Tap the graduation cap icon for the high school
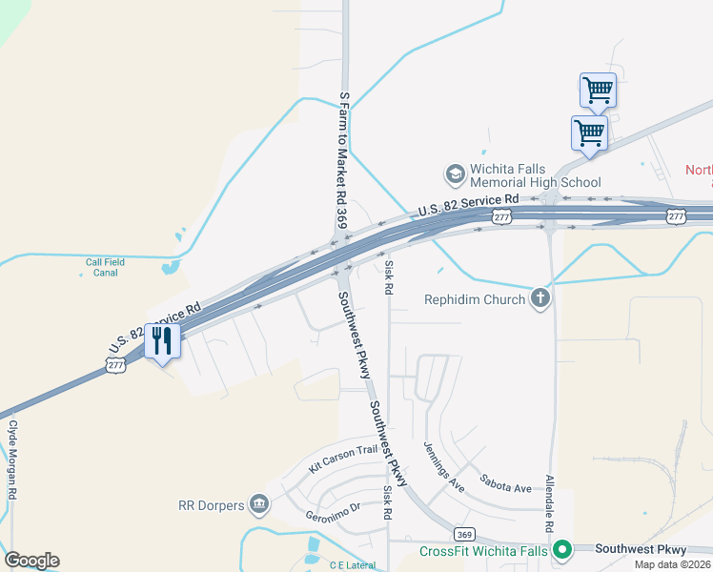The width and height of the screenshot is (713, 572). [x=454, y=174]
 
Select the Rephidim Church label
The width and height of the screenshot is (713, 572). [x=475, y=299]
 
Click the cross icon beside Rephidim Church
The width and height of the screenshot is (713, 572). [x=540, y=299]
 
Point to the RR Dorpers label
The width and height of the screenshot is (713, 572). [x=211, y=504]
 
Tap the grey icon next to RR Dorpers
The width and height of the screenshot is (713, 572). [x=258, y=504]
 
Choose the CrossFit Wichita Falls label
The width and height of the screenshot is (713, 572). [x=484, y=551]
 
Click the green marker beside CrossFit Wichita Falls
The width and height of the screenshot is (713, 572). [x=562, y=550]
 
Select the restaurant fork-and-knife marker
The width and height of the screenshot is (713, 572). [x=162, y=339]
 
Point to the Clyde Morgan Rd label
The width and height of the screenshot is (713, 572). [x=13, y=460]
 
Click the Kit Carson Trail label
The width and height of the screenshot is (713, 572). [x=343, y=459]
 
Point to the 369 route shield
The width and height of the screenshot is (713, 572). [x=464, y=534]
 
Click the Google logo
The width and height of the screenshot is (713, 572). [x=31, y=561]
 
